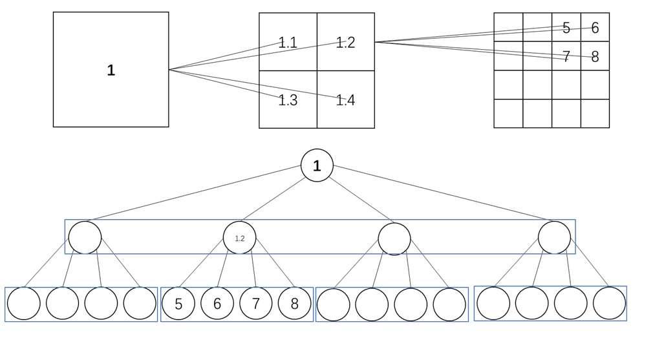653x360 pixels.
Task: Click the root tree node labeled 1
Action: pyautogui.click(x=317, y=165)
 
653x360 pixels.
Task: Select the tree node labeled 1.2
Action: pyautogui.click(x=239, y=238)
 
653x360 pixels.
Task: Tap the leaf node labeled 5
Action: pyautogui.click(x=178, y=304)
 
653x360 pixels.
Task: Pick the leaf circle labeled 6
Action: pyautogui.click(x=217, y=304)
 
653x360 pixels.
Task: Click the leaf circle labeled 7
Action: pyautogui.click(x=256, y=304)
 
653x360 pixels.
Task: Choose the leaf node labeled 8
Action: pyautogui.click(x=294, y=304)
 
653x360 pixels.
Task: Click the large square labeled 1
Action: pyautogui.click(x=111, y=70)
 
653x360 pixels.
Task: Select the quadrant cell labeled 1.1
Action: pyautogui.click(x=288, y=42)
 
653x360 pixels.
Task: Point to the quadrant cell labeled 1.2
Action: pyautogui.click(x=346, y=42)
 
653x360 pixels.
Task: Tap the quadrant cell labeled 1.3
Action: pyautogui.click(x=288, y=100)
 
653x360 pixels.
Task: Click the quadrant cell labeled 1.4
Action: pyautogui.click(x=346, y=100)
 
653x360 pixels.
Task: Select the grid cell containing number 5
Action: pyautogui.click(x=566, y=27)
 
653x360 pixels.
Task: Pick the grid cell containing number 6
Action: pyautogui.click(x=595, y=27)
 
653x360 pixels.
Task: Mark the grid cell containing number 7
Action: pyautogui.click(x=566, y=56)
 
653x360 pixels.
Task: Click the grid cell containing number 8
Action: pyautogui.click(x=595, y=56)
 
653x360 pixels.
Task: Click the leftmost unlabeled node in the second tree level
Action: pyautogui.click(x=85, y=237)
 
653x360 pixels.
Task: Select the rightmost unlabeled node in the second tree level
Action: pyautogui.click(x=554, y=237)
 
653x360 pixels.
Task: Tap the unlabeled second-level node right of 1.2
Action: pyautogui.click(x=394, y=238)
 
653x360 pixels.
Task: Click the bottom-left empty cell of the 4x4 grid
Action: pyautogui.click(x=508, y=114)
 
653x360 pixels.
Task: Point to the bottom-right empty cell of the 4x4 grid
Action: pyautogui.click(x=595, y=114)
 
